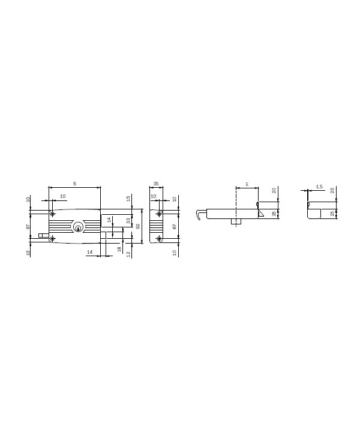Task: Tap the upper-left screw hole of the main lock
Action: coord(53,214)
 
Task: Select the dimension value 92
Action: coord(137,227)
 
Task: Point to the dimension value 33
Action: coord(128,220)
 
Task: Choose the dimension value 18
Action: coord(119,248)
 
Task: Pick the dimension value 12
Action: coord(128,254)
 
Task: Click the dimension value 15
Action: coord(128,198)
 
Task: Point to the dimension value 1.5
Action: coord(319,187)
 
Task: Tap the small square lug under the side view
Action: coord(235,223)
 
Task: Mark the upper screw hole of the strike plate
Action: coord(159,214)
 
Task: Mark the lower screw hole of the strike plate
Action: coord(159,239)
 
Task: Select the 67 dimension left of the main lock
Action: coord(28,227)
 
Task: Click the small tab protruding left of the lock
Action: coord(42,236)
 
